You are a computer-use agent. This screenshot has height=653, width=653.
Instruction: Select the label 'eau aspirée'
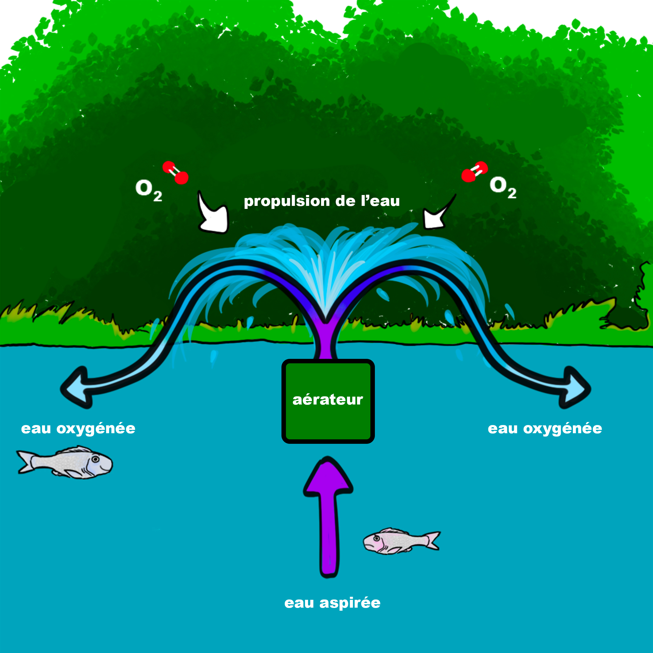332,603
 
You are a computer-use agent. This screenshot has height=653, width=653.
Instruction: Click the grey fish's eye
96,459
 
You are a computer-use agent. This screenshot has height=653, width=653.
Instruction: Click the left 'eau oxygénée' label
78,429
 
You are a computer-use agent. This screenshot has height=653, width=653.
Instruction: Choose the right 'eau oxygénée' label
545,429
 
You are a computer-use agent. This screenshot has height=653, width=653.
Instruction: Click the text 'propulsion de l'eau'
322,201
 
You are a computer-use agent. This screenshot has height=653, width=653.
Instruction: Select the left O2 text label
148,190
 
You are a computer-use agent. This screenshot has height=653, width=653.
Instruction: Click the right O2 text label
502,187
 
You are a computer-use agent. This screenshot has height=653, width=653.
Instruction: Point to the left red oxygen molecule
175,172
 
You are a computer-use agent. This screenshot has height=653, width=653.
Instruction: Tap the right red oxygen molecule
474,171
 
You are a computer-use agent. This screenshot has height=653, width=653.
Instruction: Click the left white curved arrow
213,216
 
